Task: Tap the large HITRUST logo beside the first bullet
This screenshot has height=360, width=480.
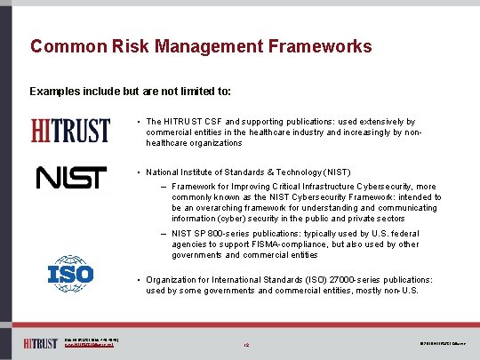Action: click(71, 130)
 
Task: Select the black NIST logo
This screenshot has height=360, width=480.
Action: click(71, 178)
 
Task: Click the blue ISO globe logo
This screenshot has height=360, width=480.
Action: click(70, 273)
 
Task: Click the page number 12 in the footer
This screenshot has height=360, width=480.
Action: click(244, 343)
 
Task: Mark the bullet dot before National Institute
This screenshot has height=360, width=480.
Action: click(139, 172)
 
